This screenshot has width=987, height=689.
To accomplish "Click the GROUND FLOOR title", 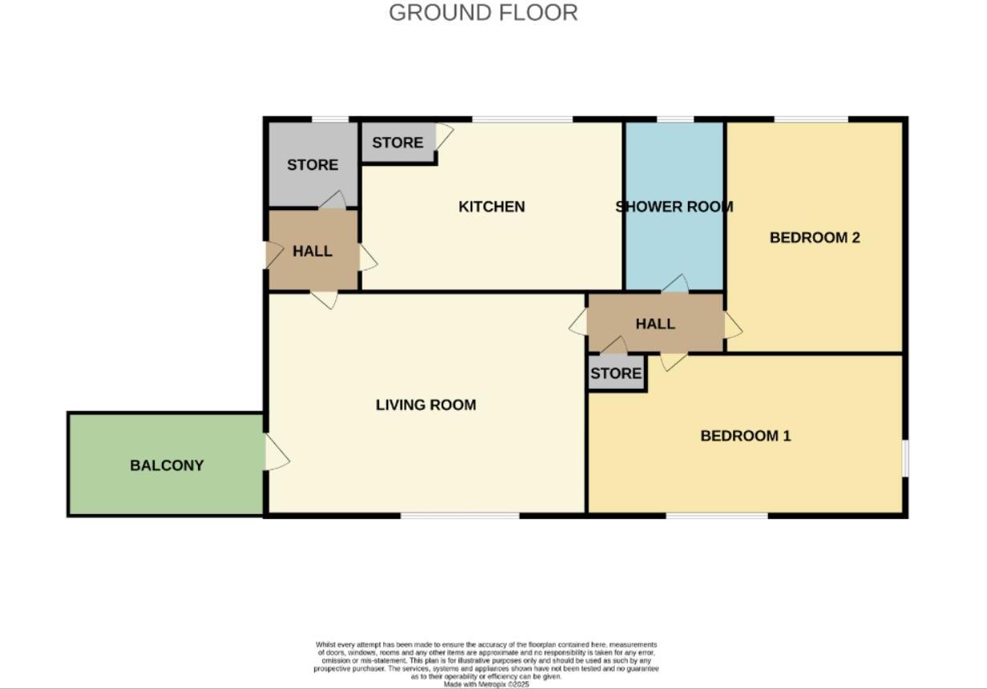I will point(483,13).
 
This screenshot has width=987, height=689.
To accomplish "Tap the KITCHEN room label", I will point(491,207).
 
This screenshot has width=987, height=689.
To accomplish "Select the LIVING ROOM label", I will point(426,405).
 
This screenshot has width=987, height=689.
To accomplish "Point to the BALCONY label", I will point(167,465).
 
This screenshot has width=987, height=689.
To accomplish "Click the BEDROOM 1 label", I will point(746,436).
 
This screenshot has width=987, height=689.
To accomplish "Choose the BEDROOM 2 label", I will point(815,237).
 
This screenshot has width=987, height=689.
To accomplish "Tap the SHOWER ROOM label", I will point(674,207).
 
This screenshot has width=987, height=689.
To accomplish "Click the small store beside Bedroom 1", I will point(616,374).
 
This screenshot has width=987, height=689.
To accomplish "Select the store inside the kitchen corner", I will point(398,143).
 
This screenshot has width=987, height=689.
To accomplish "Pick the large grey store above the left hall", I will point(312,164).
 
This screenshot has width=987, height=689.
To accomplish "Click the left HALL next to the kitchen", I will point(312,251).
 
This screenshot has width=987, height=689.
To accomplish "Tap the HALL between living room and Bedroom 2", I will point(655,324).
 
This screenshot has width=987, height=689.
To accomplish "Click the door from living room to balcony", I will point(276,452).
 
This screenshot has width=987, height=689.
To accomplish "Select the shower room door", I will point(675,284).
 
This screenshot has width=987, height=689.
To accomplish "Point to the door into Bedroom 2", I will point(733,325).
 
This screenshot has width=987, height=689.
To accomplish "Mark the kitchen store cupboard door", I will point(443,136).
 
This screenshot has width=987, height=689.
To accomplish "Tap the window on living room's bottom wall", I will point(460,515).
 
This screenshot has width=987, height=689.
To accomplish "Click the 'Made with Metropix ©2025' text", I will point(486,684).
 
